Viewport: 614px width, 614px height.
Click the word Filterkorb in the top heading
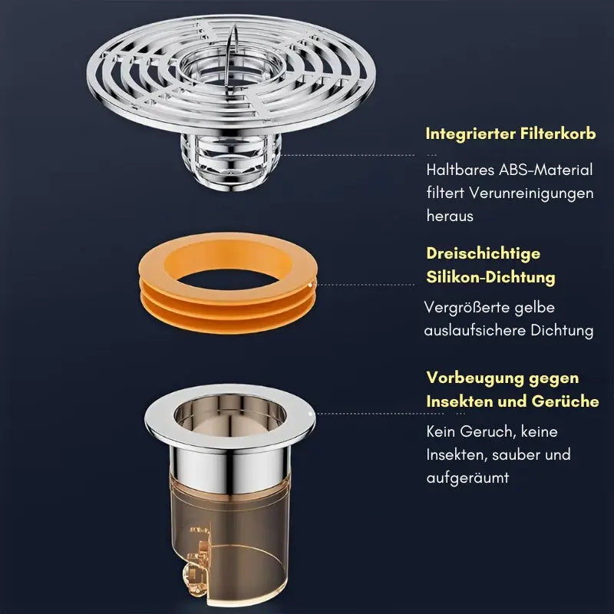[558, 134]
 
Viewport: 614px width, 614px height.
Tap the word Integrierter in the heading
[470, 134]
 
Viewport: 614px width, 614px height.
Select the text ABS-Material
[546, 170]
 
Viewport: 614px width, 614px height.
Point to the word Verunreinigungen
[531, 193]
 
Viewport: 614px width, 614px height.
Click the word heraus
[450, 216]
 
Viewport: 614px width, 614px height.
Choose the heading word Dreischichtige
[484, 254]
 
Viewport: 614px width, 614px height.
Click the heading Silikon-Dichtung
[490, 277]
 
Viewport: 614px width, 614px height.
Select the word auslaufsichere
[475, 330]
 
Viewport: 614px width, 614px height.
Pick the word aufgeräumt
[467, 478]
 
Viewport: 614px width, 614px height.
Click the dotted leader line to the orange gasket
[365, 285]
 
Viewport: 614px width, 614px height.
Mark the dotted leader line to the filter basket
[348, 155]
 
